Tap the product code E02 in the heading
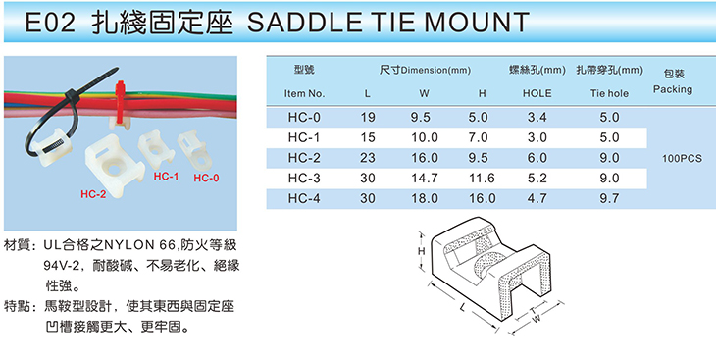point(49,22)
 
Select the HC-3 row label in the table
point(304,179)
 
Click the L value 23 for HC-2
point(367,158)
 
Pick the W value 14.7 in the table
point(425,179)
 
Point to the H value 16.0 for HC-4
point(483,198)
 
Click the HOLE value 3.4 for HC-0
point(537,118)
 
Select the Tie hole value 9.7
point(610,198)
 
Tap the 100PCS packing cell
point(682,159)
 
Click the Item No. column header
point(304,93)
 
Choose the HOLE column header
point(537,93)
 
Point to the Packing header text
point(673,89)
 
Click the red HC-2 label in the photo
point(93,194)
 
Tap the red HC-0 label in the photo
point(206,179)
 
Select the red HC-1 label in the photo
point(166,177)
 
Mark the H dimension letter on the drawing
point(422,251)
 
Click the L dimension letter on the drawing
point(463,307)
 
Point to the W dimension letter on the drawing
point(537,319)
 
